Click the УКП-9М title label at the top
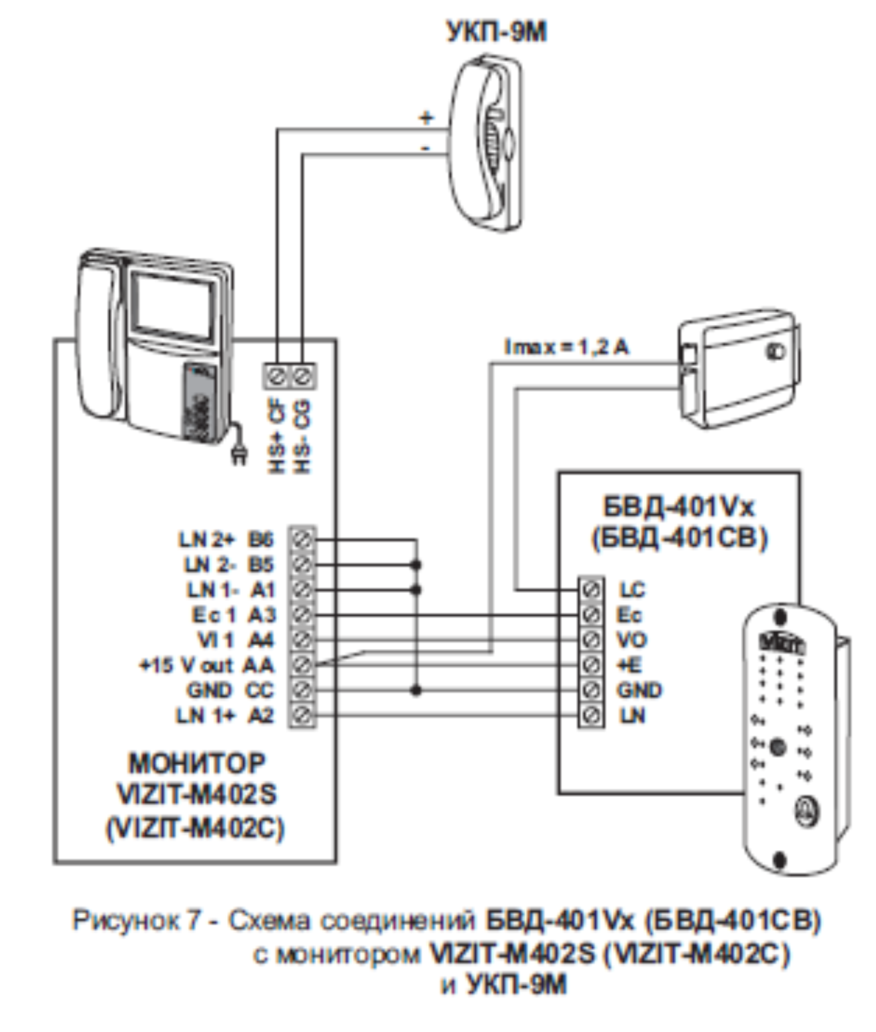(496, 32)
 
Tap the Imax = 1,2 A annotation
(567, 347)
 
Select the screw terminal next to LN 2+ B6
(302, 538)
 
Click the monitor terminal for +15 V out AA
(302, 665)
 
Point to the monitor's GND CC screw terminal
(302, 690)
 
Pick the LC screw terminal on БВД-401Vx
(591, 589)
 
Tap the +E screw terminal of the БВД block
(591, 665)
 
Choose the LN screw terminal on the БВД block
(591, 715)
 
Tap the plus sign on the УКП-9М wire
(426, 117)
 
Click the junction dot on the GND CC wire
(416, 690)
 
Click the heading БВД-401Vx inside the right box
(678, 507)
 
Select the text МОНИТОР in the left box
(196, 763)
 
